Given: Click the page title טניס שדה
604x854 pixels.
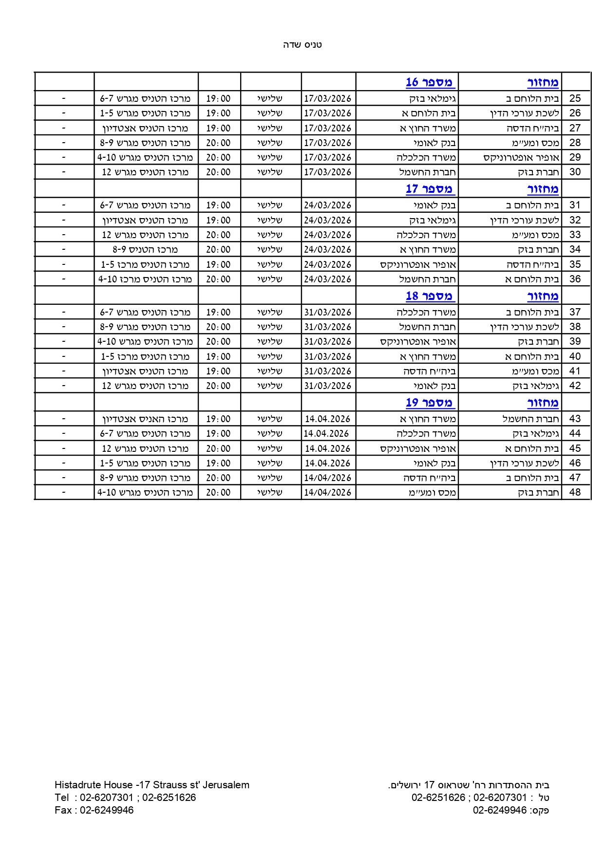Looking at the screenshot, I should click(302, 45).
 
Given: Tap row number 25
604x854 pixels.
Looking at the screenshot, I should click(575, 98).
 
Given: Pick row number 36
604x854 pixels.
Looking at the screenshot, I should click(575, 279).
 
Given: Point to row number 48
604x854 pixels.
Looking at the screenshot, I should click(575, 492).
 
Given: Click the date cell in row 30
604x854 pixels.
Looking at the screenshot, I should click(327, 172).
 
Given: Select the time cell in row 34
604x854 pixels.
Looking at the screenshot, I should click(218, 249).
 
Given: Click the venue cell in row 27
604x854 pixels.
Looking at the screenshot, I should click(145, 128).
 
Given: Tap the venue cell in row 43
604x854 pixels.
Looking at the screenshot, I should click(145, 419).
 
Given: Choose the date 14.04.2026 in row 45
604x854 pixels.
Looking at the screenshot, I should click(327, 448).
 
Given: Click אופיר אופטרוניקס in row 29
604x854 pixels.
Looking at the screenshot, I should click(521, 157).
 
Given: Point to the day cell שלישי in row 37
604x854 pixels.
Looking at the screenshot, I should click(270, 312).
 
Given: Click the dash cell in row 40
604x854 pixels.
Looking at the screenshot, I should click(64, 356).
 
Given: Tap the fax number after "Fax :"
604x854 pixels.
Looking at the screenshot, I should click(107, 810).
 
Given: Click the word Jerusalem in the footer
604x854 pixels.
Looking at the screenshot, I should click(226, 785).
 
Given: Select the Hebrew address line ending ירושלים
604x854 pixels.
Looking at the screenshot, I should click(469, 785).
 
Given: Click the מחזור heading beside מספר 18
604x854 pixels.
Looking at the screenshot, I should click(543, 296).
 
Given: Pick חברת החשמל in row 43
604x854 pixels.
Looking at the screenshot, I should click(531, 419).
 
